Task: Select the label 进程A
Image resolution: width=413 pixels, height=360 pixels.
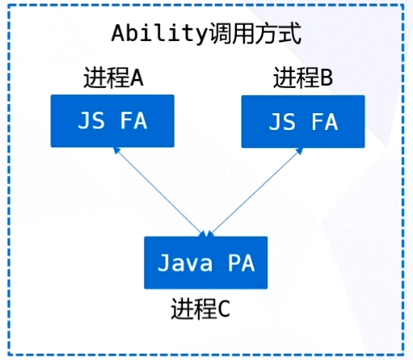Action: (113, 78)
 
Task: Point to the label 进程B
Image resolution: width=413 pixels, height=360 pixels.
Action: (303, 77)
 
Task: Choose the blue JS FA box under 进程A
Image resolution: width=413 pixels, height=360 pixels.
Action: (112, 121)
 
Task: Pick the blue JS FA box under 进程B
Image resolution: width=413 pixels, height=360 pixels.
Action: (303, 121)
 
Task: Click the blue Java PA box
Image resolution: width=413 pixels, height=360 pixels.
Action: (206, 262)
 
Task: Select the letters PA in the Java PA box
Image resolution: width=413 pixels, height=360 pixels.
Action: (241, 263)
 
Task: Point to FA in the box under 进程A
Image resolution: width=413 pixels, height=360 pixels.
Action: (134, 122)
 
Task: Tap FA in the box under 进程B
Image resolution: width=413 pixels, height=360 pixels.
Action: (324, 122)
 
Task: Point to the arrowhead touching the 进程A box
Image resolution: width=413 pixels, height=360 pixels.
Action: (115, 150)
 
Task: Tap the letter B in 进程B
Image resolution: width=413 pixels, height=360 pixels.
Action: (327, 77)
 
